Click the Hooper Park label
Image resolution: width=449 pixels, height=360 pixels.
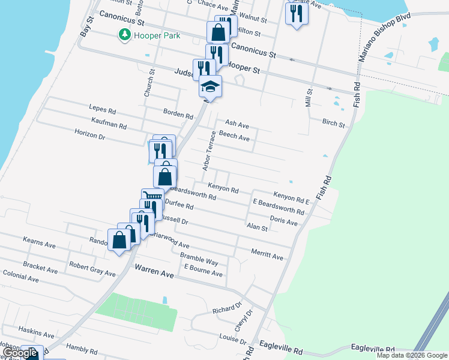[158, 35]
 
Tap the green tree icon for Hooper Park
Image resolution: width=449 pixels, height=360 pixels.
[125, 35]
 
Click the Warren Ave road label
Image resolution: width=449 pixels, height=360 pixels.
[154, 272]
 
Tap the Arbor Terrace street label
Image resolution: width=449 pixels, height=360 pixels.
[209, 150]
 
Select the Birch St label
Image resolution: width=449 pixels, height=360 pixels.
[333, 124]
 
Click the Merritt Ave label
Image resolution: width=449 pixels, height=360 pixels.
[267, 254]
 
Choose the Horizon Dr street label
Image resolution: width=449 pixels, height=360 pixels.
[90, 136]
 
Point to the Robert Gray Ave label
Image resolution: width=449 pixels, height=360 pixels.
[92, 269]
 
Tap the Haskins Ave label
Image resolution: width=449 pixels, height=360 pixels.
[37, 332]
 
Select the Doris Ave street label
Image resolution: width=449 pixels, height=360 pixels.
[284, 221]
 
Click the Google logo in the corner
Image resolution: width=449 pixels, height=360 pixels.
[20, 353]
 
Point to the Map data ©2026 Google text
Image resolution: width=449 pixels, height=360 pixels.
[411, 355]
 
